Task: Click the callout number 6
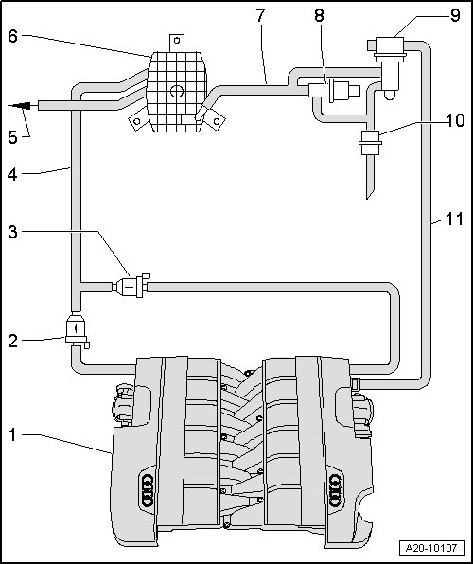(x=12, y=36)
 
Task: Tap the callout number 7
(x=260, y=15)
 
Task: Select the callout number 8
(x=319, y=15)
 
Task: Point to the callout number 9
(x=455, y=15)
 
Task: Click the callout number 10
(x=455, y=120)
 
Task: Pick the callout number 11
(x=455, y=219)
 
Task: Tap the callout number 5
(x=12, y=137)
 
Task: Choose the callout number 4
(x=12, y=175)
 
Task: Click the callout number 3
(x=12, y=232)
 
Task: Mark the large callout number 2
(x=12, y=341)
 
